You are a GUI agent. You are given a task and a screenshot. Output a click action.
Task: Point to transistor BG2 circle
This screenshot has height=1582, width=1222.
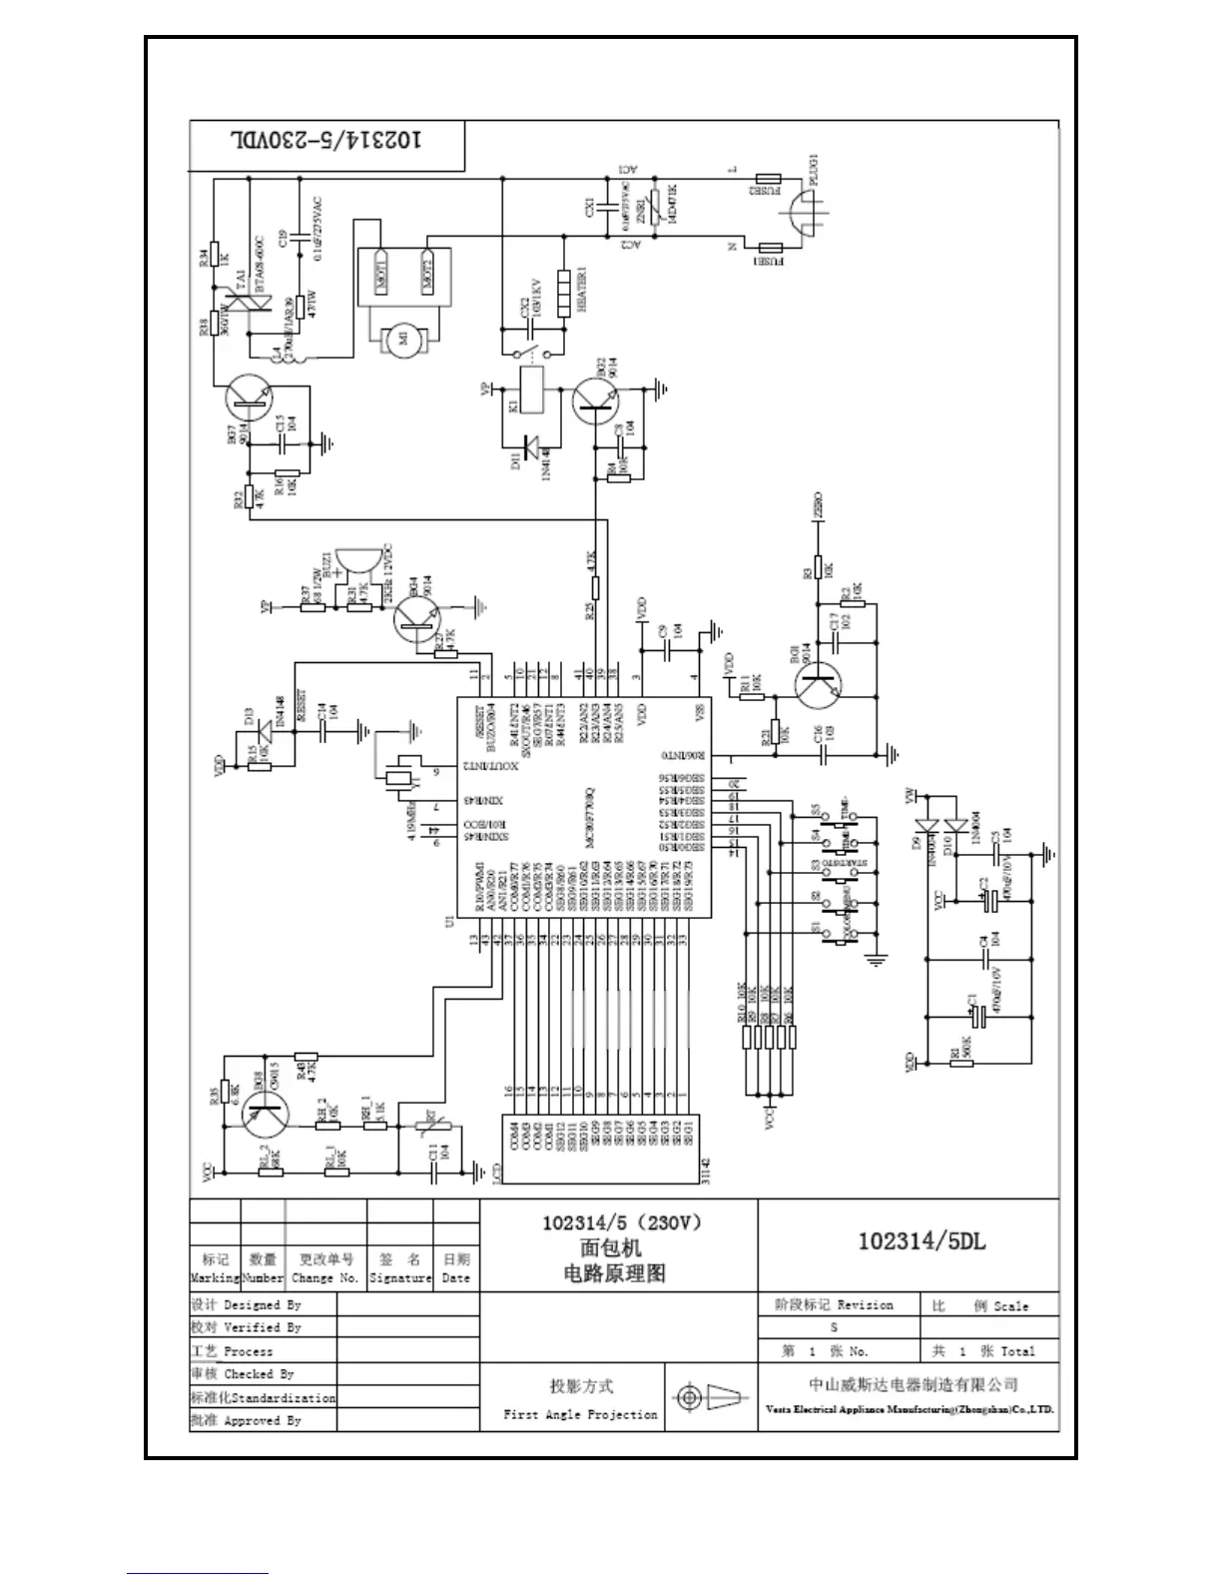[596, 399]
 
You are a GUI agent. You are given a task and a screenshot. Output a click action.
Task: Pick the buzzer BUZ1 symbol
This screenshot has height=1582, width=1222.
[353, 565]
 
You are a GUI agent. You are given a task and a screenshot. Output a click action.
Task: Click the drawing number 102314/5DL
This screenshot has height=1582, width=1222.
[921, 1241]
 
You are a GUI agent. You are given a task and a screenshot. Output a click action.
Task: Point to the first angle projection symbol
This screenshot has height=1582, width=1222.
[711, 1397]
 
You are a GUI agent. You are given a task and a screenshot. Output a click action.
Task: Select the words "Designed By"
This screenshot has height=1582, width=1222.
[262, 1304]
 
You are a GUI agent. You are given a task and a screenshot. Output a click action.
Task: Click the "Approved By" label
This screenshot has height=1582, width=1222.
[262, 1420]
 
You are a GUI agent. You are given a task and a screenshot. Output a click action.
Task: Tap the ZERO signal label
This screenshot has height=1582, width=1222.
[819, 507]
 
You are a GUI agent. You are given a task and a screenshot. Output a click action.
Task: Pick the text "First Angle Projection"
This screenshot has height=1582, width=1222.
[580, 1414]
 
